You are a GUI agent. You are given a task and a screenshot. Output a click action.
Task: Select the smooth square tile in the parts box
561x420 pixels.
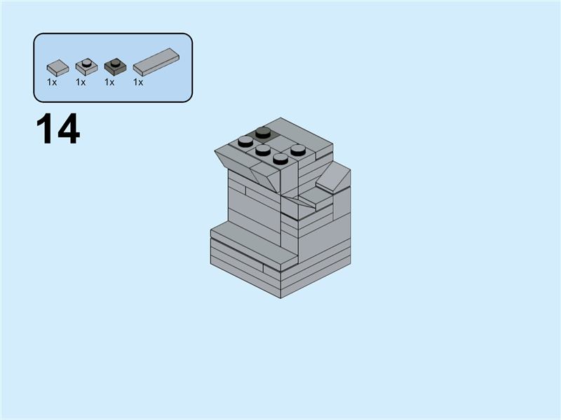click(x=58, y=68)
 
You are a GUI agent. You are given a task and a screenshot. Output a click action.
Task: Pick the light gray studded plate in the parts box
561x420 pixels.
click(x=86, y=67)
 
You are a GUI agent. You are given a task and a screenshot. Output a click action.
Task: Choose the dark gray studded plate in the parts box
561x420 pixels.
click(x=114, y=67)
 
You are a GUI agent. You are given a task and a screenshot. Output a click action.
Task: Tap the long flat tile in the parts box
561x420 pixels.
click(x=156, y=62)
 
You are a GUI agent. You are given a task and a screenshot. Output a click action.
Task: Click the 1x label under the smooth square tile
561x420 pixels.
click(x=52, y=82)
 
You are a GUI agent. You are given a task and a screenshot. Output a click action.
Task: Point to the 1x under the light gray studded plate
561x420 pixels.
click(x=81, y=82)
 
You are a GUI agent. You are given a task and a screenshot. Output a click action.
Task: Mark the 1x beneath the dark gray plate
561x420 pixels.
click(x=109, y=82)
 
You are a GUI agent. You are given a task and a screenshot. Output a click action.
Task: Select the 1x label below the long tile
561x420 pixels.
click(x=138, y=82)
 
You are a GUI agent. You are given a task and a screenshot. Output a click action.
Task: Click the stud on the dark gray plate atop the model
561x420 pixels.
click(x=263, y=131)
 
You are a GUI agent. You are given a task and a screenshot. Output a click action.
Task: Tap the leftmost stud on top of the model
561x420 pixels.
click(x=245, y=141)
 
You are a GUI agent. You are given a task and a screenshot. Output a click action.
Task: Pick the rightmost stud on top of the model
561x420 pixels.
click(x=298, y=148)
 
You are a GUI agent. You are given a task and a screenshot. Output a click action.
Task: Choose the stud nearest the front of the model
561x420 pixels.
click(x=280, y=158)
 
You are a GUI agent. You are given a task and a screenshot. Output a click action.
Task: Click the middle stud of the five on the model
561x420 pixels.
click(x=263, y=149)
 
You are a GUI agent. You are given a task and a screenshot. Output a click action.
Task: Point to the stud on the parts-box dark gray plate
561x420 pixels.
click(x=114, y=63)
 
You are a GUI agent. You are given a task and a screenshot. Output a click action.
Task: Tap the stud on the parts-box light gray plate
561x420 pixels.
click(x=86, y=63)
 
